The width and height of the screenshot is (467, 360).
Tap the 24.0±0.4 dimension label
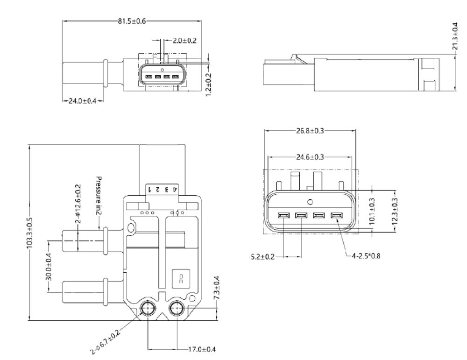pyautogui.click(x=82, y=101)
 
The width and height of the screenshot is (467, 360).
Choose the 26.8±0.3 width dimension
pyautogui.click(x=310, y=131)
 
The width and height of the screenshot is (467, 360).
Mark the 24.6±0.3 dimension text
pyautogui.click(x=310, y=157)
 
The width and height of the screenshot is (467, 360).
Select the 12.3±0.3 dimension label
pyautogui.click(x=395, y=213)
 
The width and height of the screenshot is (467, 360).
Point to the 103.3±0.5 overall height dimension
pyautogui.click(x=30, y=233)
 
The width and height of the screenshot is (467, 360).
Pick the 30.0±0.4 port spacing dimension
pyautogui.click(x=48, y=266)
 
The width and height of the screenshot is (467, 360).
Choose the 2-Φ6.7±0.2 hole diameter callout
pyautogui.click(x=106, y=340)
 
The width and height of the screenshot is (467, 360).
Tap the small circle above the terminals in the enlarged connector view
pyautogui.click(x=310, y=202)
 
